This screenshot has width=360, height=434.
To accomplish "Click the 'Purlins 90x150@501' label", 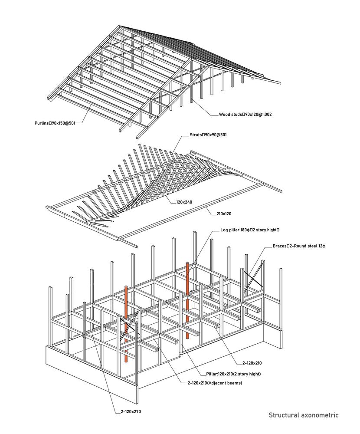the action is tap(55, 123).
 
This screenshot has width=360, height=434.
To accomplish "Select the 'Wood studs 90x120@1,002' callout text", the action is tap(245, 114).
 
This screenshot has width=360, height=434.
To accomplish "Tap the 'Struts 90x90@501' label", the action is tap(208, 135).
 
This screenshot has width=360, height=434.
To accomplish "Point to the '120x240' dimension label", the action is tap(184, 202).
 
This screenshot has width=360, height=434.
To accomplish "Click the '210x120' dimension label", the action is tap(224, 214).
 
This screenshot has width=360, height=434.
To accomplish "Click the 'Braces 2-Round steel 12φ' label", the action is tap(299, 246).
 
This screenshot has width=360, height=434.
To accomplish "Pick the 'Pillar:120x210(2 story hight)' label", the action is tap(233, 374).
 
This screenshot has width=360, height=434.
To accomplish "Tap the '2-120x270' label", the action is tap(131, 411).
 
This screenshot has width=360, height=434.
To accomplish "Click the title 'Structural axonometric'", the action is tap(304, 415).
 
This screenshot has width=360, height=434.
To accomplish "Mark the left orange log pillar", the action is tap(126, 324).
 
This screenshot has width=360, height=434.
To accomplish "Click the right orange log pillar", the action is tap(188, 300).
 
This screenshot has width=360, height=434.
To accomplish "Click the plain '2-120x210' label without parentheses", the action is tap(252, 363).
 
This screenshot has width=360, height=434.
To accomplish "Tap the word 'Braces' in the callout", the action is tap(279, 246).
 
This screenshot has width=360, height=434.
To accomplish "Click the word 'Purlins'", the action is tap(42, 123).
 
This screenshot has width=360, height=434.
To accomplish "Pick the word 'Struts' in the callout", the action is tap(196, 135).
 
